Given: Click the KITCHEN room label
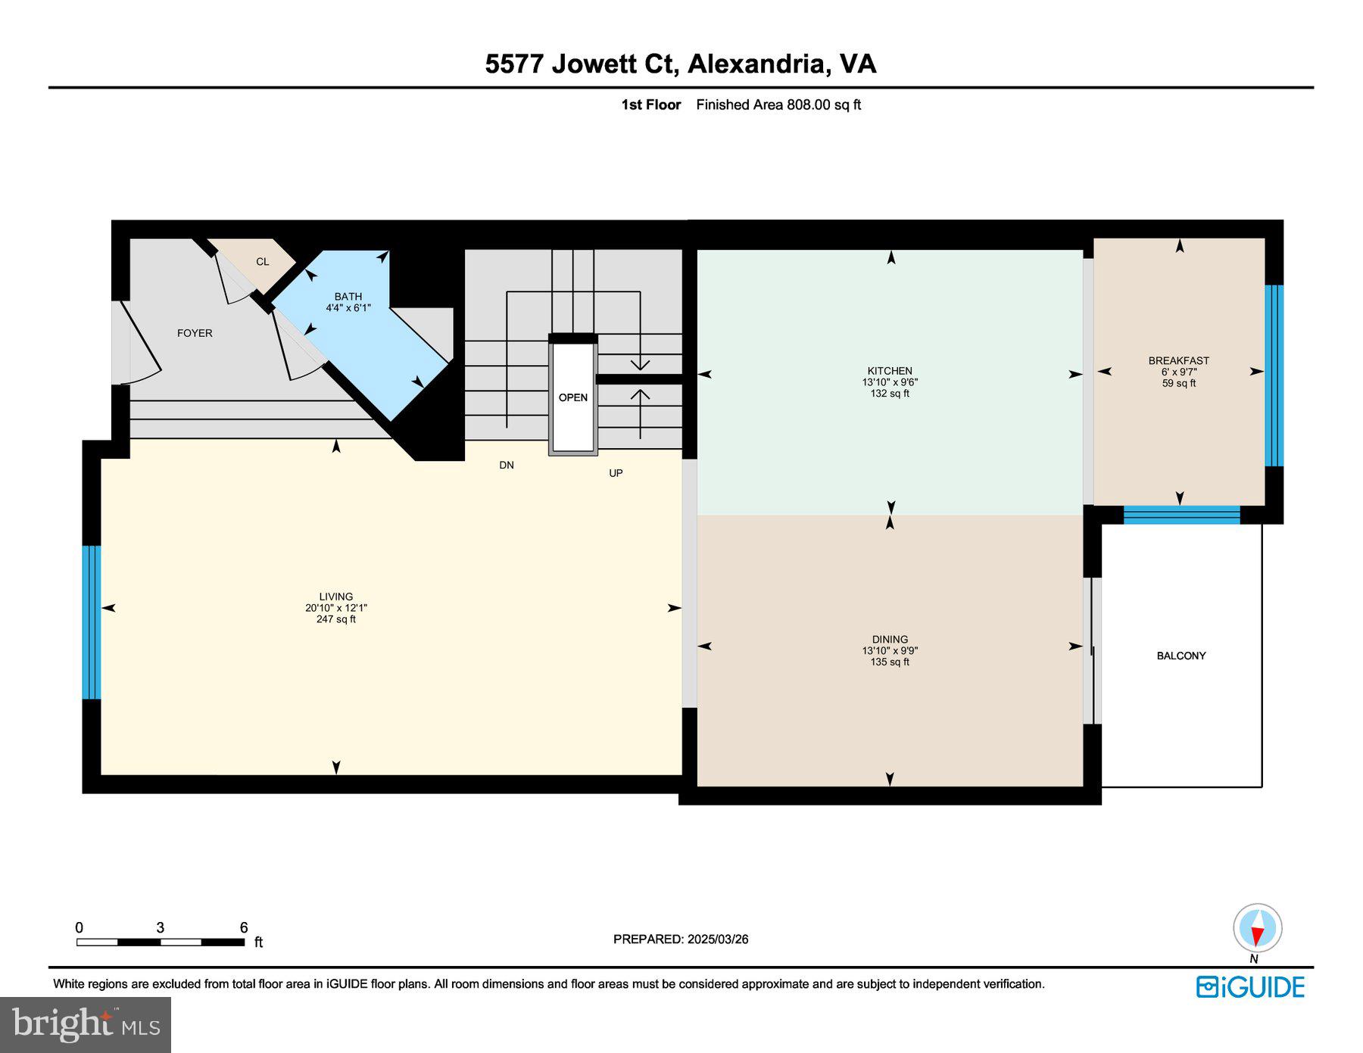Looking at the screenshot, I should pyautogui.click(x=889, y=371).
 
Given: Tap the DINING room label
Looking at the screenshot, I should pyautogui.click(x=889, y=639).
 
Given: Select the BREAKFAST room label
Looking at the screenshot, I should pyautogui.click(x=1178, y=360).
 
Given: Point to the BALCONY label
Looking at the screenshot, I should pyautogui.click(x=1181, y=656).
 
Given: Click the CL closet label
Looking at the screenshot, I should pyautogui.click(x=262, y=262).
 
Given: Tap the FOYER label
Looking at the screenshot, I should pyautogui.click(x=195, y=333).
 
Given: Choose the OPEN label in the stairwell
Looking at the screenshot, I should pyautogui.click(x=572, y=397).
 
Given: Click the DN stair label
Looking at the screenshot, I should pyautogui.click(x=507, y=465).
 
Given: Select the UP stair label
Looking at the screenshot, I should pyautogui.click(x=616, y=473).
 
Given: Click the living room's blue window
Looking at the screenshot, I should pyautogui.click(x=91, y=622).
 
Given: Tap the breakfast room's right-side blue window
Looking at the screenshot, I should pyautogui.click(x=1274, y=375).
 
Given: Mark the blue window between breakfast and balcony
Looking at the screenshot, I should pyautogui.click(x=1181, y=516).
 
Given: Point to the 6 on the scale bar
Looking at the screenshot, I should pyautogui.click(x=244, y=927).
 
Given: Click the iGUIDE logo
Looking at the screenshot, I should pyautogui.click(x=1250, y=987).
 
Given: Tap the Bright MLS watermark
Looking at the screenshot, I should pyautogui.click(x=86, y=1024).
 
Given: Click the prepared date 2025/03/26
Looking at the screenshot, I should pyautogui.click(x=718, y=939).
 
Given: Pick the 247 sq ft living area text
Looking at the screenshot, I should pyautogui.click(x=335, y=619).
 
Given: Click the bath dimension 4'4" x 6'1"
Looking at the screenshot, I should pyautogui.click(x=348, y=308).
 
